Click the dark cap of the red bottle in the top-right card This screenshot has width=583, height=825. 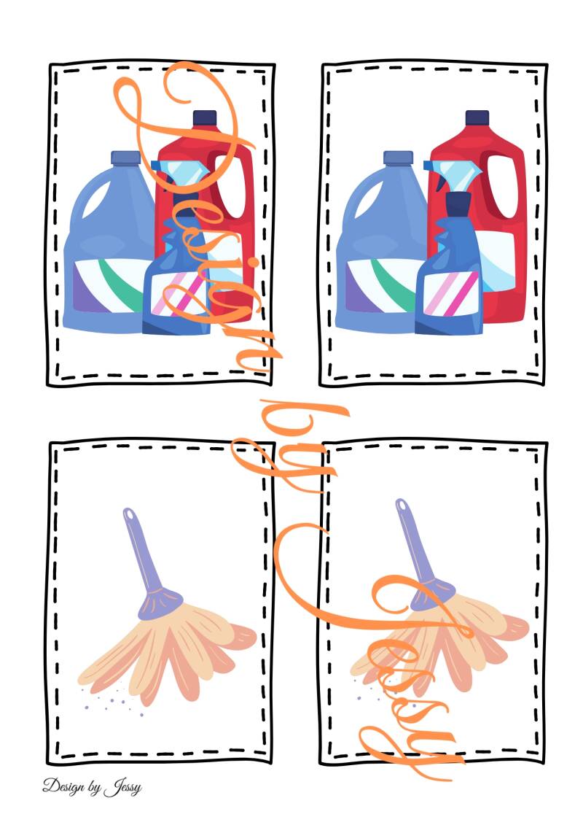[477, 118]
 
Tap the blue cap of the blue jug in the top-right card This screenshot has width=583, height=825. [398, 158]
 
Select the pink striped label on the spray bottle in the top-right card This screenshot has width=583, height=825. [451, 293]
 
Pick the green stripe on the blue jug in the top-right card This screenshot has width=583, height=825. [391, 284]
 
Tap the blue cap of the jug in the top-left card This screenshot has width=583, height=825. [125, 158]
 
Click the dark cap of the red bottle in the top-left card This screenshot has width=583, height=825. [205, 118]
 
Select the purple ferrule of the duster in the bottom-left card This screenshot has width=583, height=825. [160, 603]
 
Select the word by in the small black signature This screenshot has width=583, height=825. [95, 788]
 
